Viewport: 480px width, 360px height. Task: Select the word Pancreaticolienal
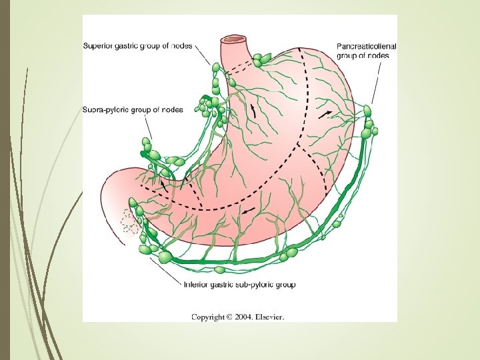[x=367, y=47]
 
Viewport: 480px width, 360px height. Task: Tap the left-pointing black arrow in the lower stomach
[x=247, y=211]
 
